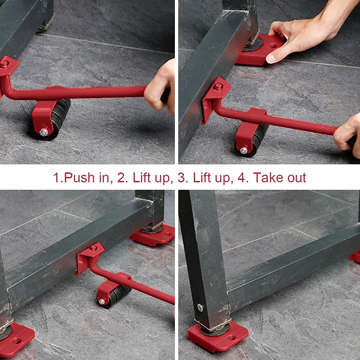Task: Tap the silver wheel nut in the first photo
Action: tap(43, 132)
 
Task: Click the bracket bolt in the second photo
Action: tap(218, 87)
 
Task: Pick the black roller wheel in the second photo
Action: tap(259, 141)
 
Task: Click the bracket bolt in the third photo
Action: tap(93, 248)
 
